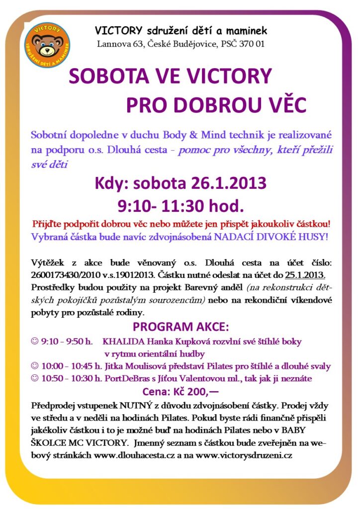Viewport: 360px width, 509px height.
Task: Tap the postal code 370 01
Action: tap(251, 44)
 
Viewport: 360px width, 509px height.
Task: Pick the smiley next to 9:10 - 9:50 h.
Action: tap(34, 341)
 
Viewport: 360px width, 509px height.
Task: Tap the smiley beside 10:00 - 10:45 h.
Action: tap(34, 366)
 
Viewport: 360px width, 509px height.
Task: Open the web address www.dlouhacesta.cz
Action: tap(132, 454)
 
